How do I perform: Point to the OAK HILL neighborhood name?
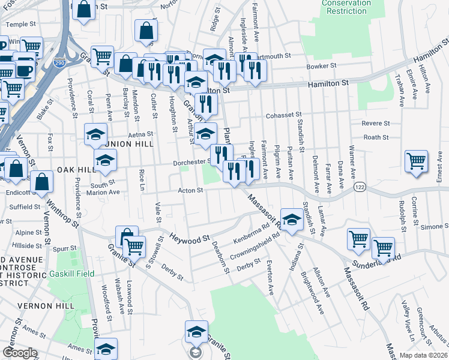tap(77, 170)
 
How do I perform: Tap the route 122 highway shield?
tap(360, 188)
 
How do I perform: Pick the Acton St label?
tap(191, 190)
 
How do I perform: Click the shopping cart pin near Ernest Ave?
tap(416, 161)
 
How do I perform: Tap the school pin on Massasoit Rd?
tap(292, 221)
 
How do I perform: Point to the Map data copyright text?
tap(424, 355)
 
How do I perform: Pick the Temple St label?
tap(17, 25)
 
